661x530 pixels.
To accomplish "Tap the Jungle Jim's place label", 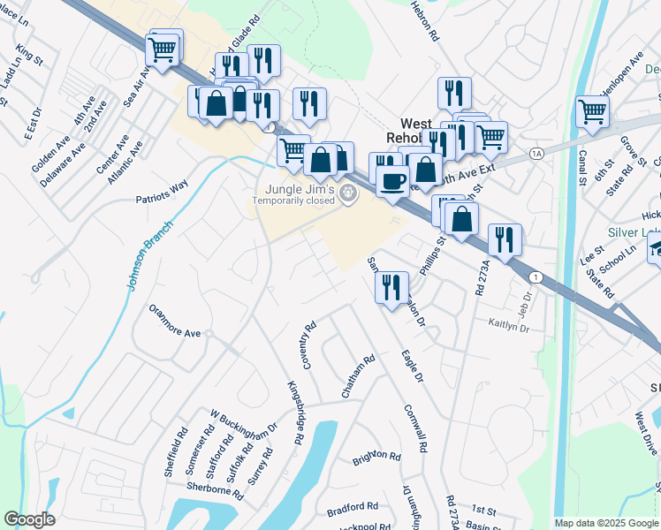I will [294, 190].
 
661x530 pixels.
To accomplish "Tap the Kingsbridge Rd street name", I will [295, 413].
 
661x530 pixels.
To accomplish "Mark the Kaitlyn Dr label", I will [508, 326].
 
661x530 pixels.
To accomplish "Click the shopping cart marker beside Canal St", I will [592, 111].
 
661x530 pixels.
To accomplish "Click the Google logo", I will [30, 519].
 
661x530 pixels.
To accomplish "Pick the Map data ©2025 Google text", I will [605, 523].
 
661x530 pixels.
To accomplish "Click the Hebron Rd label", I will [425, 21].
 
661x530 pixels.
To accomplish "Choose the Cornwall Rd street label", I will [415, 428].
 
